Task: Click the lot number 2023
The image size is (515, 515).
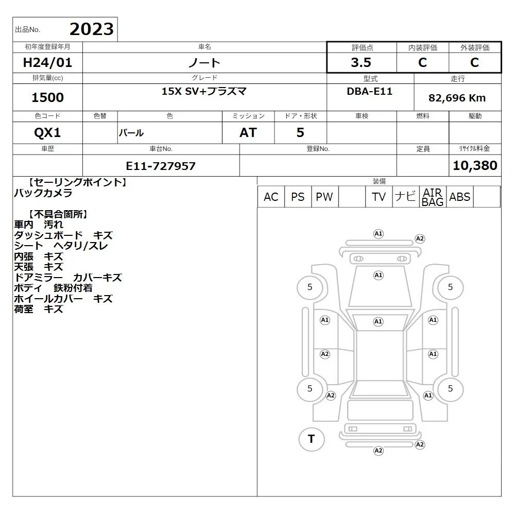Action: [x=92, y=29]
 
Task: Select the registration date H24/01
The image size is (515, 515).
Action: [x=47, y=62]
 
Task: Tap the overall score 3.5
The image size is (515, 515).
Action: [x=361, y=62]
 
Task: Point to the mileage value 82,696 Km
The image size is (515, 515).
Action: [x=457, y=98]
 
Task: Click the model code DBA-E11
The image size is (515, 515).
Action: [x=369, y=91]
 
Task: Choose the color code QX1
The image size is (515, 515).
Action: [x=47, y=133]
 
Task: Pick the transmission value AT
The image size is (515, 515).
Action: [x=248, y=133]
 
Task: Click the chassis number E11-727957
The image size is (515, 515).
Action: [x=161, y=166]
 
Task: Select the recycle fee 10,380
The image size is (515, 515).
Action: [x=475, y=165]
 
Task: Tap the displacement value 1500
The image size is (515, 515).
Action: [x=47, y=97]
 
